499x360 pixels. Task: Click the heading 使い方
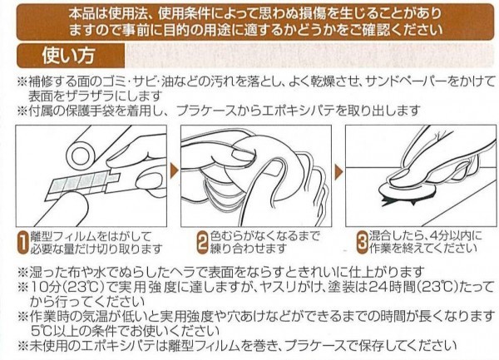(68, 56)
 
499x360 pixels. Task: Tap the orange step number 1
(22, 243)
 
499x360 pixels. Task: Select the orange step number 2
(203, 243)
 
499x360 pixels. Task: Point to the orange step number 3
(362, 243)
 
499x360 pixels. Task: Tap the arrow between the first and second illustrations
(174, 172)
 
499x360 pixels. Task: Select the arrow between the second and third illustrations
(339, 172)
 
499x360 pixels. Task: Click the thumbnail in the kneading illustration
(243, 155)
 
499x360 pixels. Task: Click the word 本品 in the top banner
(80, 13)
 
